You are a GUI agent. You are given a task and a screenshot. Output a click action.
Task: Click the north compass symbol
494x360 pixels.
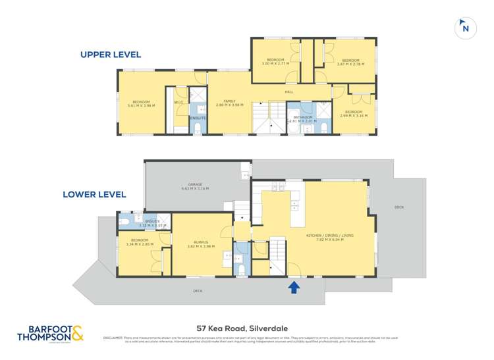[x=465, y=28]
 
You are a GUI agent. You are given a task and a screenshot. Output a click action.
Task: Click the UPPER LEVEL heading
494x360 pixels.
[x=111, y=55]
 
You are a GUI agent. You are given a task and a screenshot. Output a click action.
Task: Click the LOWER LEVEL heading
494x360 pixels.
[x=94, y=194]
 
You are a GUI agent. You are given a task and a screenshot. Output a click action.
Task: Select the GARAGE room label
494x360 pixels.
[x=195, y=186]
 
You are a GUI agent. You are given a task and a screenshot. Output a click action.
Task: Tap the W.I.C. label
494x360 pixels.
[x=178, y=103]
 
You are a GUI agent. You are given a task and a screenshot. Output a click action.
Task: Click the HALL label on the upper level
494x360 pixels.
[x=289, y=92]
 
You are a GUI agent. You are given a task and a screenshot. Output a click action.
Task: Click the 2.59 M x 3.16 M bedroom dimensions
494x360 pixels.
[x=354, y=116]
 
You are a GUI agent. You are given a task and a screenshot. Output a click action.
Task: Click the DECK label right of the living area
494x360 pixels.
[x=398, y=207]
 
